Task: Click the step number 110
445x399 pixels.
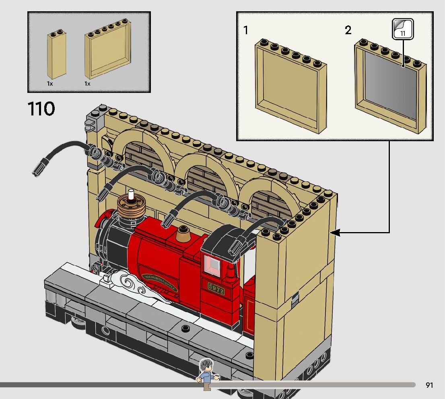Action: [x=41, y=109]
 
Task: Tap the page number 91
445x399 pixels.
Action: [x=429, y=385]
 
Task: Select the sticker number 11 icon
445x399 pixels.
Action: [x=403, y=29]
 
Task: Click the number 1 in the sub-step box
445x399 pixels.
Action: [x=246, y=31]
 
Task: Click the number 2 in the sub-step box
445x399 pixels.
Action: [x=348, y=31]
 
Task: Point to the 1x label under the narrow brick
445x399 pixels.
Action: [x=49, y=84]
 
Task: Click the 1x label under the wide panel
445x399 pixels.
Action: [x=87, y=84]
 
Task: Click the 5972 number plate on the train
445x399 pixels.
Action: [x=216, y=288]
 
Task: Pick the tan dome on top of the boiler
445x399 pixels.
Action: [x=183, y=233]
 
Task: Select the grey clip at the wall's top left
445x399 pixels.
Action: [x=90, y=125]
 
